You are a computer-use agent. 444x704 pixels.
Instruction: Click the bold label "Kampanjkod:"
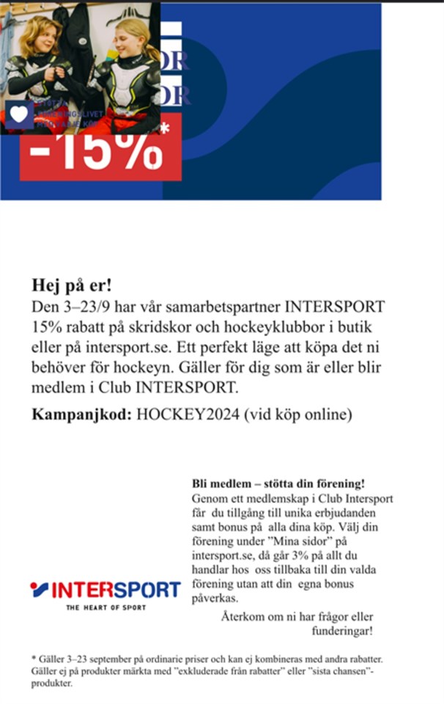point(81,414)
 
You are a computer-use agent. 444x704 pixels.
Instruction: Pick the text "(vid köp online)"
point(299,414)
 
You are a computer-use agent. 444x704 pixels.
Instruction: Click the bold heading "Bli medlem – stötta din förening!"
point(278,485)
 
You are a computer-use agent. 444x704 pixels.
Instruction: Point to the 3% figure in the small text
point(301,557)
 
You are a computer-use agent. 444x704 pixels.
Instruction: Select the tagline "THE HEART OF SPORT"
point(106,608)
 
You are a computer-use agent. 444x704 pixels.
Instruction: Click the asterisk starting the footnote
point(33,659)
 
